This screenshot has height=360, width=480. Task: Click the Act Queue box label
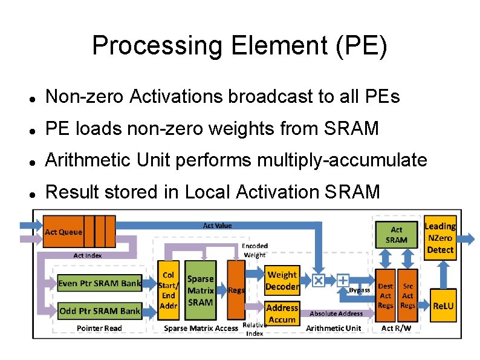point(63,232)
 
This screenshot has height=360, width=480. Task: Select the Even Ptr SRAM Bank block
point(99,283)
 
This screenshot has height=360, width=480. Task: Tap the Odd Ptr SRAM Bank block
point(99,311)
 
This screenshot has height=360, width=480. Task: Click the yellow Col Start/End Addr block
point(168,290)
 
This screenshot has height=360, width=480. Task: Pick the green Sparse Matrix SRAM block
point(200,290)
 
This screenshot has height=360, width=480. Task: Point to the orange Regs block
point(236,290)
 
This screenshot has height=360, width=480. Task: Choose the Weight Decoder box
point(282,281)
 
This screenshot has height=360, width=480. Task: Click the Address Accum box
point(282,313)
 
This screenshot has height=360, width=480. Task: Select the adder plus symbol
point(342,280)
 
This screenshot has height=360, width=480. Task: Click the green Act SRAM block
point(396,235)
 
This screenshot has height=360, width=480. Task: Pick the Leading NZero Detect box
point(440,237)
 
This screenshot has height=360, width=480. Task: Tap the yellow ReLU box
point(443,306)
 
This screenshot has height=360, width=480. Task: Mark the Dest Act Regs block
point(386,296)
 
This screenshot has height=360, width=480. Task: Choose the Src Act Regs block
point(407,296)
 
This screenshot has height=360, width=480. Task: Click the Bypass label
point(359,291)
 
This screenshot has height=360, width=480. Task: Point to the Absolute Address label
point(336,313)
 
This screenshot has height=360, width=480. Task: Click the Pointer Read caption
point(99,329)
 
